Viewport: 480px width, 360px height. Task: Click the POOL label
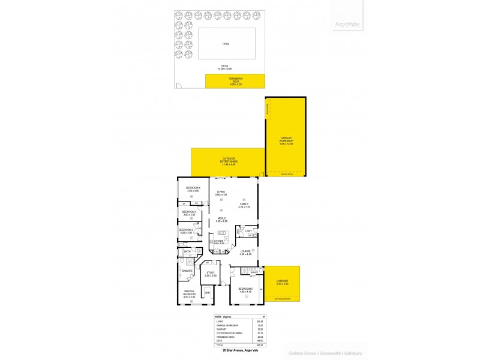226,44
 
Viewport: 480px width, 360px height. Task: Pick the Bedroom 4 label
192,189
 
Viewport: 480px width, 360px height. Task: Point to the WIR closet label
208,292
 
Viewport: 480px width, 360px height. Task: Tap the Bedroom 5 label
245,290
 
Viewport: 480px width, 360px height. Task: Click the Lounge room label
245,253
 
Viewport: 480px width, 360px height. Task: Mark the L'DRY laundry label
248,231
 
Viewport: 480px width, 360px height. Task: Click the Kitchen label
218,242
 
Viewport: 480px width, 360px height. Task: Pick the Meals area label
221,220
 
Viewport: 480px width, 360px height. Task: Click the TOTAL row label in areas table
219,344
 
